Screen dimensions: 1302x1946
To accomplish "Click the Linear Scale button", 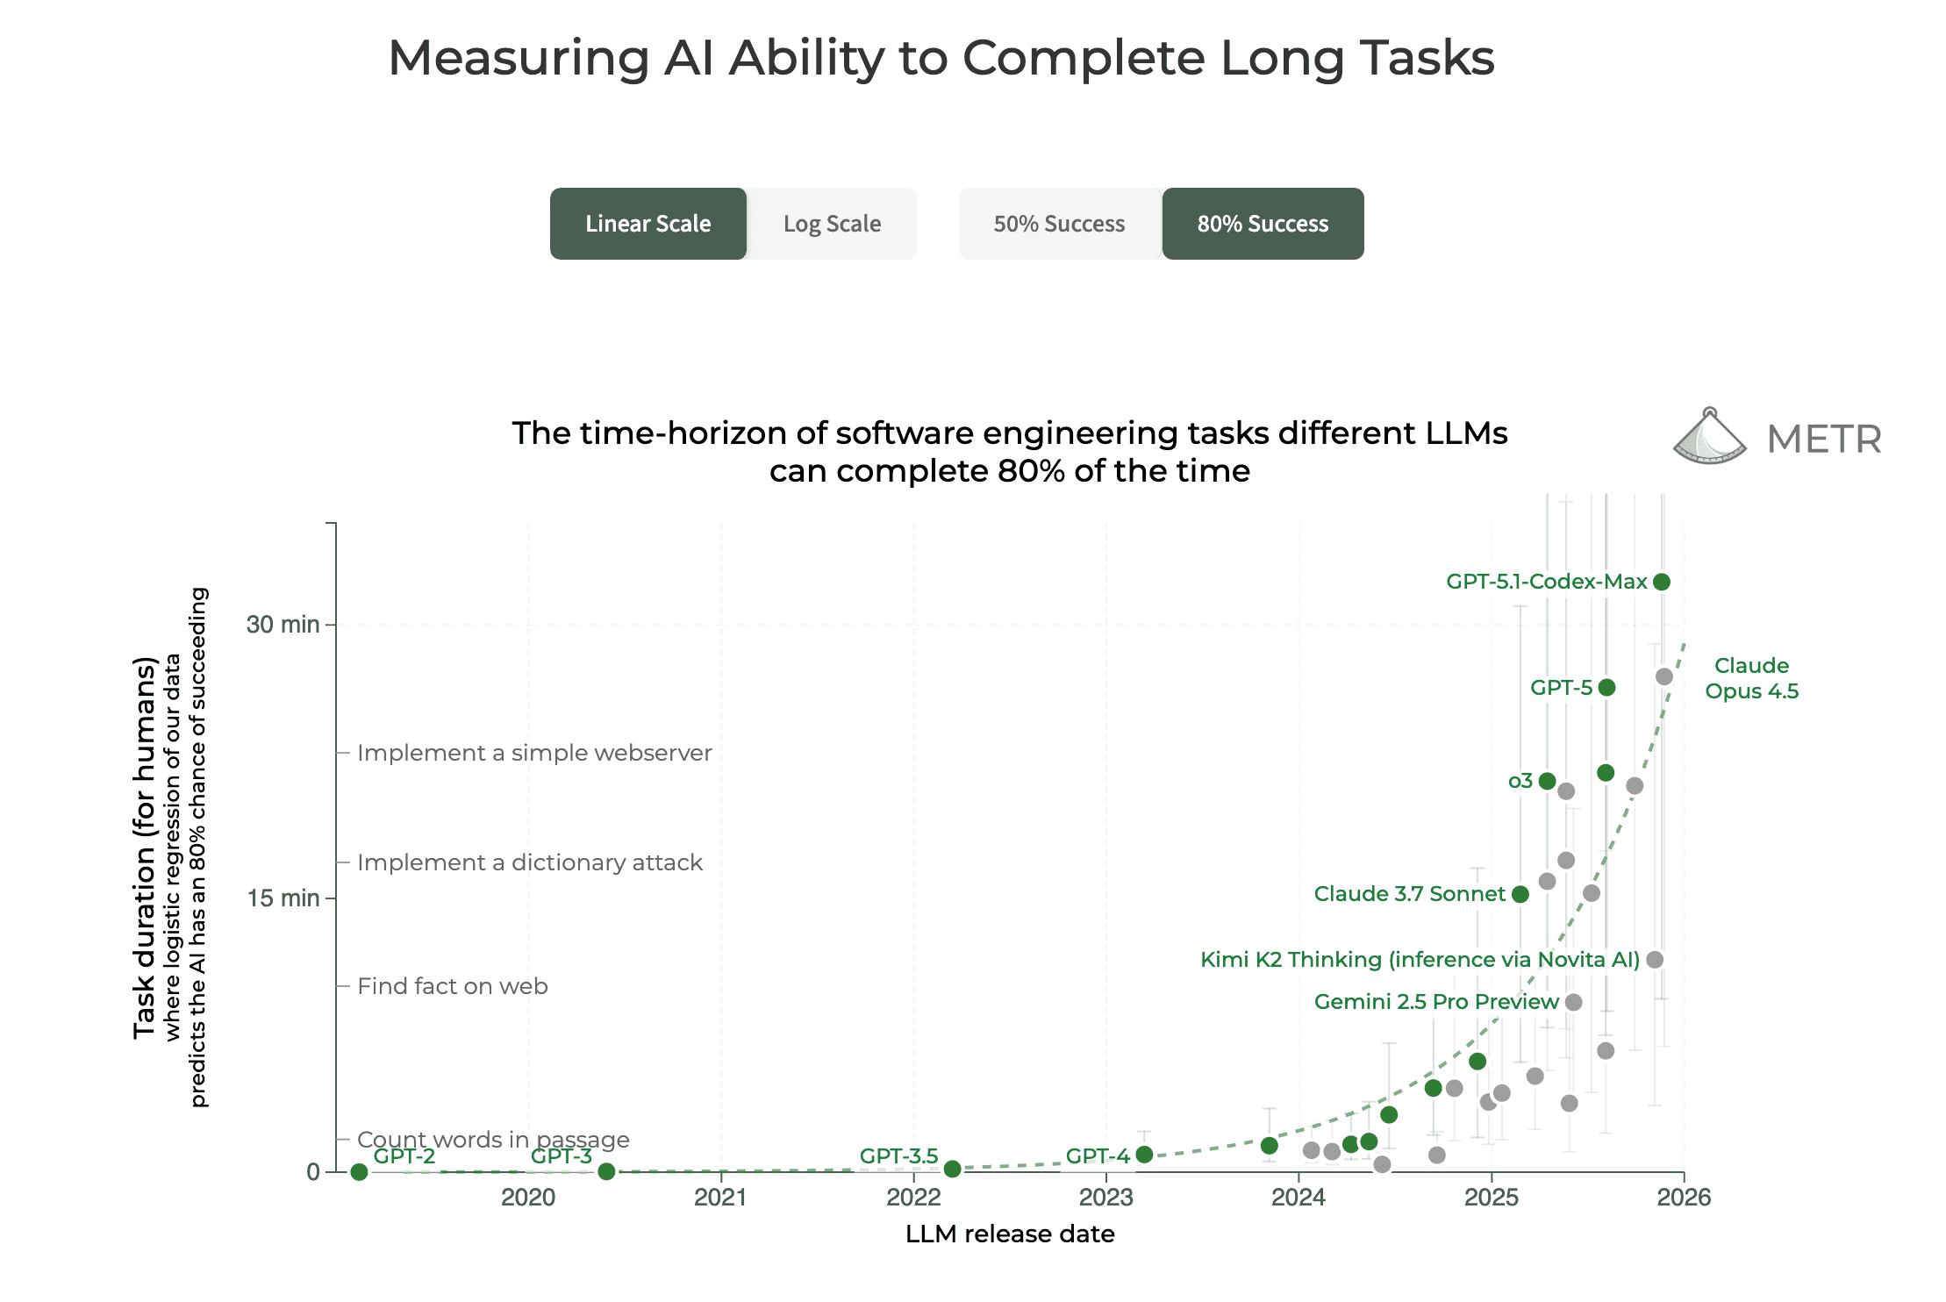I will (x=647, y=224).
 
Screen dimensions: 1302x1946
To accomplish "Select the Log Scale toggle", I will (x=832, y=224).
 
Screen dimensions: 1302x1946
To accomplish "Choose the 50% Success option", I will (x=1059, y=224).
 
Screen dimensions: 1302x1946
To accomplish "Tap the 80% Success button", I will (x=1263, y=224).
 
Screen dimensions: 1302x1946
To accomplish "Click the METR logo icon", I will (x=1708, y=437).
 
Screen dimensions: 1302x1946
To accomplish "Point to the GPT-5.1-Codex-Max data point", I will (x=1661, y=582).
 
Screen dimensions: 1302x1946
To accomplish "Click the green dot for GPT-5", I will (x=1606, y=687).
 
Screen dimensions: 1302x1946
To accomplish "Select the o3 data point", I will (x=1547, y=781).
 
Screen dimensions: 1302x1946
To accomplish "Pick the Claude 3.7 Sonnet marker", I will (x=1520, y=894).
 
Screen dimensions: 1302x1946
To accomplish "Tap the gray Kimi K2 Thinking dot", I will (x=1655, y=959).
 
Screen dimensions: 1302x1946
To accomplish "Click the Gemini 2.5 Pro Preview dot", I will (x=1573, y=1002).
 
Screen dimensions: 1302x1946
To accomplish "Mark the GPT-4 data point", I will (x=1144, y=1155).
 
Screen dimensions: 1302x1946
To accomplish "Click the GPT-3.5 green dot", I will (x=952, y=1169).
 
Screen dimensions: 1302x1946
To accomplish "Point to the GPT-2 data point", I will (x=359, y=1172).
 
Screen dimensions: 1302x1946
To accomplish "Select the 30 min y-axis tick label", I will (x=283, y=625).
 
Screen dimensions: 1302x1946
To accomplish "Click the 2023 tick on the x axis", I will (x=1105, y=1197).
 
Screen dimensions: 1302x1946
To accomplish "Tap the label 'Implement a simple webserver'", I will (x=534, y=753).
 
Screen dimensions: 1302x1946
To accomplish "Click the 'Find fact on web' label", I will (x=453, y=986).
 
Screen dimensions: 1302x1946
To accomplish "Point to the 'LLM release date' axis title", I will (x=1010, y=1234).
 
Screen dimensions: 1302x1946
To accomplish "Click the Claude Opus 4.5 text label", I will (x=1751, y=678).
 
